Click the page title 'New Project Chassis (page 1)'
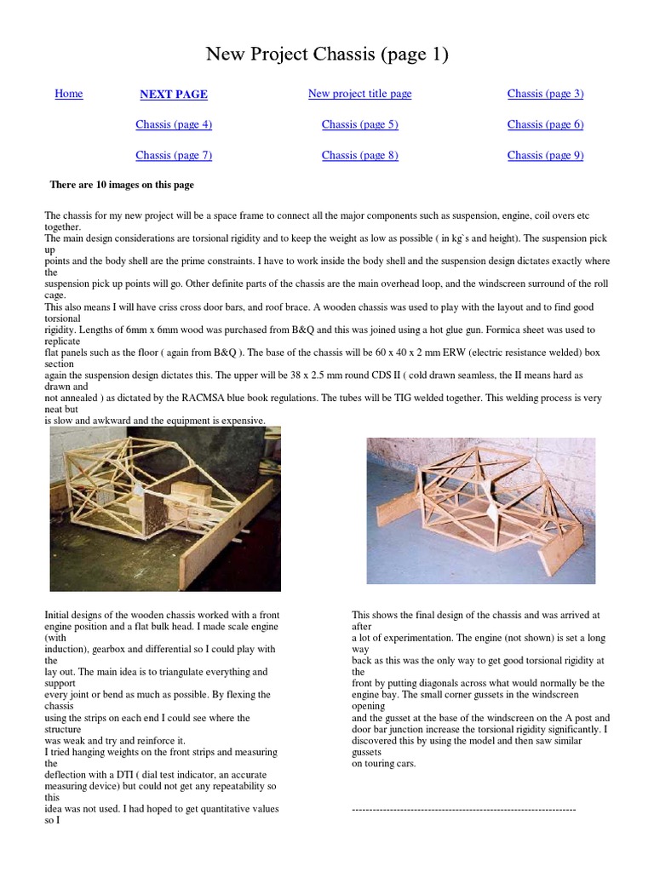[x=327, y=55]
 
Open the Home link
[x=69, y=94]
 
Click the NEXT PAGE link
[x=174, y=95]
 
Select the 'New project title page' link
[x=359, y=94]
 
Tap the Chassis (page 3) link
[x=545, y=94]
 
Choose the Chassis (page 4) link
[x=174, y=124]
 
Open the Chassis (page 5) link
[x=359, y=124]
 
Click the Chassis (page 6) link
[x=545, y=124]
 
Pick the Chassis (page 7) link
[x=174, y=155]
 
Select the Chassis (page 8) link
[x=359, y=155]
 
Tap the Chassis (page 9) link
[x=545, y=155]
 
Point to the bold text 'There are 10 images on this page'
[x=122, y=185]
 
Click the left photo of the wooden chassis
[x=165, y=508]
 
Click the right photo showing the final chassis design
[x=481, y=511]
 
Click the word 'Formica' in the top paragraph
[x=496, y=330]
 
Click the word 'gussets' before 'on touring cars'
[x=369, y=753]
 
